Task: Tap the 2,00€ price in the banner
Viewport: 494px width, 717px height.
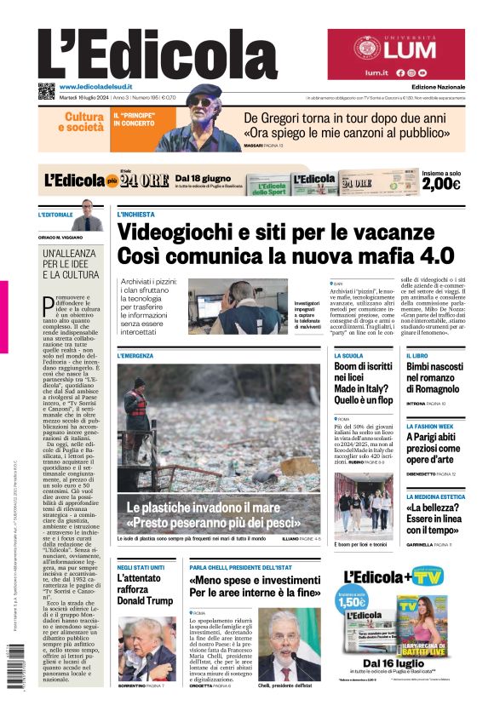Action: pos(440,184)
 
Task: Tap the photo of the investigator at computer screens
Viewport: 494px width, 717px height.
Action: pos(238,306)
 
